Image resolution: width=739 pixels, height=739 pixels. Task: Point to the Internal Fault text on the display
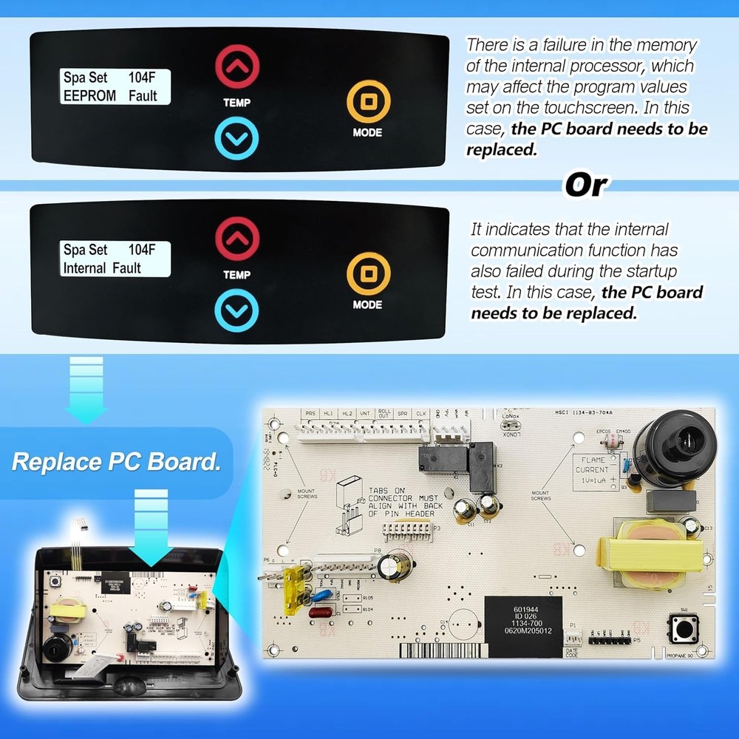(x=102, y=268)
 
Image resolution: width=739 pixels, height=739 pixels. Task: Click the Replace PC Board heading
(x=116, y=463)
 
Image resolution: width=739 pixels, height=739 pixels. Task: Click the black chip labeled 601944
(x=522, y=626)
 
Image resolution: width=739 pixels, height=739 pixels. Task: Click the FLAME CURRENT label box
(x=594, y=470)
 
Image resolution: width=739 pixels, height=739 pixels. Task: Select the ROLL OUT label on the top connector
(x=384, y=415)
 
